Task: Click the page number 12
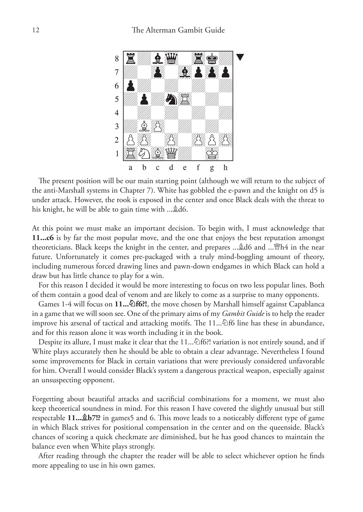click(x=36, y=30)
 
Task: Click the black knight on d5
click(x=171, y=99)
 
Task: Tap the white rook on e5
click(x=185, y=99)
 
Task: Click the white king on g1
click(x=212, y=153)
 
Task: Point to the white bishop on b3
click(x=144, y=126)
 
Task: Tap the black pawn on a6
click(x=130, y=86)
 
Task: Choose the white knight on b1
click(x=144, y=153)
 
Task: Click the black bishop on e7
click(x=185, y=72)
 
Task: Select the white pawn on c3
click(x=158, y=126)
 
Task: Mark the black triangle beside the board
click(x=240, y=57)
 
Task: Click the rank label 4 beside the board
click(x=117, y=113)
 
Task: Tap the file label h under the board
click(x=225, y=168)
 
